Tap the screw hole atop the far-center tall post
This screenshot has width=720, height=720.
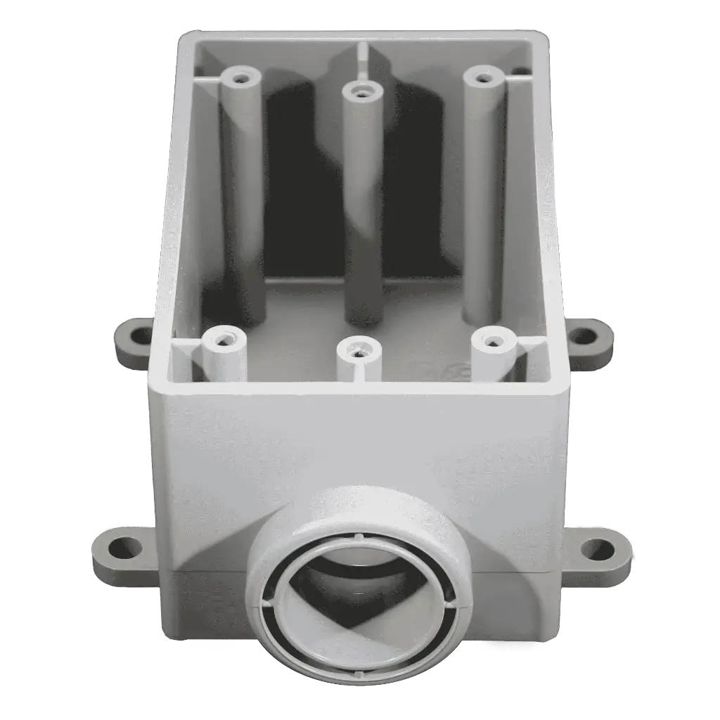click(x=361, y=92)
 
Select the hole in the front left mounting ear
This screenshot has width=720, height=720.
click(x=124, y=546)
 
